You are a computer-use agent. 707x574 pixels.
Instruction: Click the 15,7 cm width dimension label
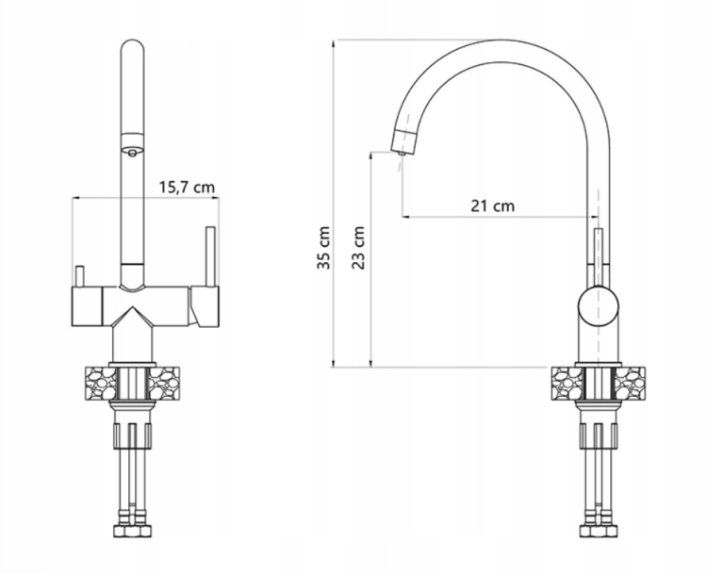tap(187, 187)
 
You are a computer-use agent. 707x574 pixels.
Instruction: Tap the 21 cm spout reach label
tap(492, 206)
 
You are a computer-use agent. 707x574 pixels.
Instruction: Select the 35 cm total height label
tap(323, 248)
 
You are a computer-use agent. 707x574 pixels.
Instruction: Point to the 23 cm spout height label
tap(358, 248)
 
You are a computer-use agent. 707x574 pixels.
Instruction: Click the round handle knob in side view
tap(599, 306)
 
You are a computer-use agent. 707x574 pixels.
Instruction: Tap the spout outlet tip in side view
tap(403, 153)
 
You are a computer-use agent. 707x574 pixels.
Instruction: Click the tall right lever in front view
tap(210, 256)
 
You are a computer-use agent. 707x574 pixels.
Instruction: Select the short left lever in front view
tap(80, 276)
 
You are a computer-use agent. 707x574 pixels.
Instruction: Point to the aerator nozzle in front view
tap(132, 153)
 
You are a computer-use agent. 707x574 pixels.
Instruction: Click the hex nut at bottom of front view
tap(132, 531)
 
